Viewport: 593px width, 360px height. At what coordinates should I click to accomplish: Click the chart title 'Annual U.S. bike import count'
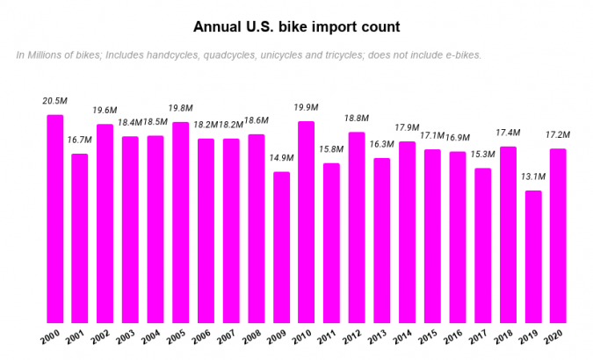pyautogui.click(x=296, y=26)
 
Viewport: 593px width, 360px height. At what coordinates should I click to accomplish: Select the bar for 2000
pyautogui.click(x=54, y=220)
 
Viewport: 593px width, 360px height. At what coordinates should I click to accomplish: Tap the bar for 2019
pyautogui.click(x=533, y=257)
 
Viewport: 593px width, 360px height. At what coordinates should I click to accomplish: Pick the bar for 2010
pyautogui.click(x=307, y=222)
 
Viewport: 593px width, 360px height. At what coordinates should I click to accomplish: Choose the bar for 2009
pyautogui.click(x=281, y=248)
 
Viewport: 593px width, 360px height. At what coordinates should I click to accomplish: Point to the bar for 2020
pyautogui.click(x=558, y=236)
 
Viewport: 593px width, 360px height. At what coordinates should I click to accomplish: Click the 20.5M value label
pyautogui.click(x=54, y=101)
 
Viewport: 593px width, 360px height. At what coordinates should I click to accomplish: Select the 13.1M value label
pyautogui.click(x=532, y=176)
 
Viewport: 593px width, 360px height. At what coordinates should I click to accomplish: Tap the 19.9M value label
pyautogui.click(x=307, y=107)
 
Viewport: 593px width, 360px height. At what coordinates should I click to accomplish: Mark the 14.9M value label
pyautogui.click(x=281, y=158)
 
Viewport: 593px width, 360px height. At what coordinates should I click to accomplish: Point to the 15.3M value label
pyautogui.click(x=482, y=155)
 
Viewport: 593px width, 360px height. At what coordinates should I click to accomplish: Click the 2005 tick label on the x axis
pyautogui.click(x=178, y=338)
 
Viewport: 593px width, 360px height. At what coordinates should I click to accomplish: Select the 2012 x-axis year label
pyautogui.click(x=354, y=338)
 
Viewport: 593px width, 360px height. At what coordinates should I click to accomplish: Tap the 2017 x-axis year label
pyautogui.click(x=480, y=338)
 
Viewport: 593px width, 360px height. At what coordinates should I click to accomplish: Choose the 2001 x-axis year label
pyautogui.click(x=78, y=338)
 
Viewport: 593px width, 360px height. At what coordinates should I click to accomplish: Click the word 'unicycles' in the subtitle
pyautogui.click(x=300, y=55)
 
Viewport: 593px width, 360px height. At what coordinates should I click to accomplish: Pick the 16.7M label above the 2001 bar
pyautogui.click(x=80, y=140)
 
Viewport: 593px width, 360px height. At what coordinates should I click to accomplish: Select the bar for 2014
pyautogui.click(x=407, y=233)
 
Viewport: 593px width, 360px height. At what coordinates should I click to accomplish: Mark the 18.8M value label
pyautogui.click(x=357, y=119)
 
